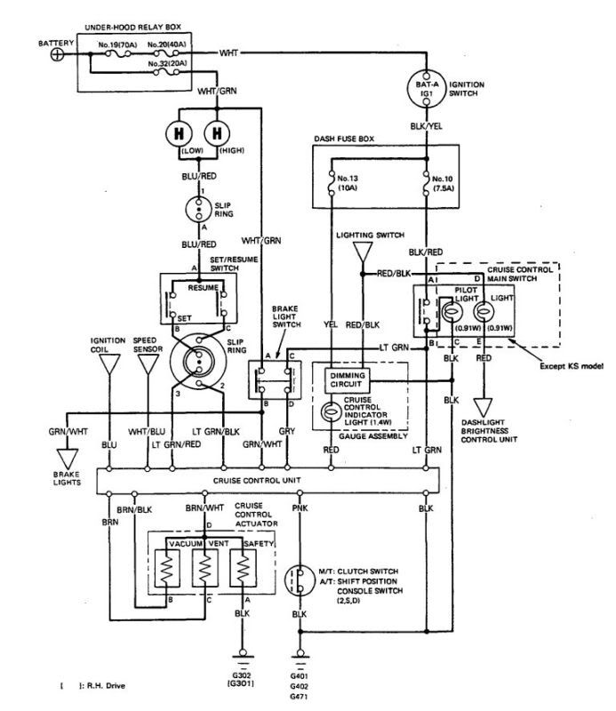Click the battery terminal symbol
59,54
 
